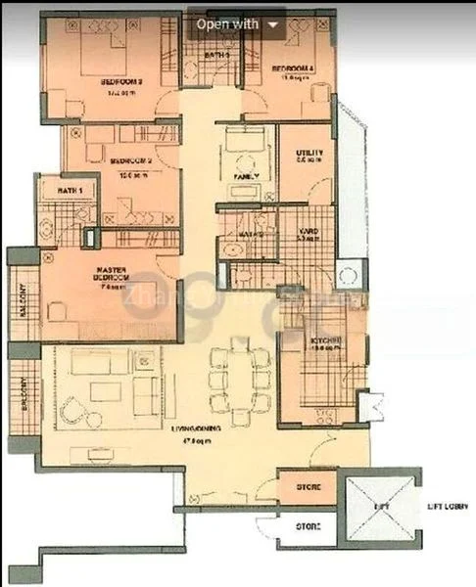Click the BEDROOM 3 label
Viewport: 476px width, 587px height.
(121, 84)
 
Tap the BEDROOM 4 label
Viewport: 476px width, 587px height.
(291, 68)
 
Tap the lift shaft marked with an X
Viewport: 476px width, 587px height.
(380, 509)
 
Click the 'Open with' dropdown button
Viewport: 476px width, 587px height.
(237, 23)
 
